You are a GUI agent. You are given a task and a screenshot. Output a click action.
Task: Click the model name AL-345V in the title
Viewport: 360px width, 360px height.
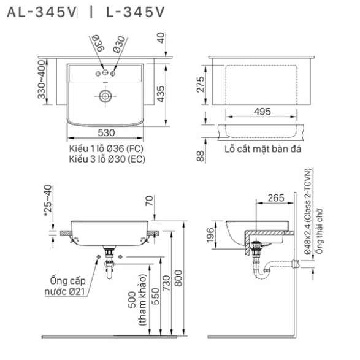(x=41, y=12)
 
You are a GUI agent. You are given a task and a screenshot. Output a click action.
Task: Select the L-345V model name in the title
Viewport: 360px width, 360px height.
(x=136, y=12)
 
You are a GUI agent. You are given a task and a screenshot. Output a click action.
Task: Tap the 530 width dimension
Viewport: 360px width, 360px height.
(x=106, y=132)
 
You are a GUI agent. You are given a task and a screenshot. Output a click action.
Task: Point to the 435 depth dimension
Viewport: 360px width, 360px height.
(x=161, y=94)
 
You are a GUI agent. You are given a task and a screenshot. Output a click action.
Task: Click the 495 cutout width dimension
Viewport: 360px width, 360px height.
(x=262, y=112)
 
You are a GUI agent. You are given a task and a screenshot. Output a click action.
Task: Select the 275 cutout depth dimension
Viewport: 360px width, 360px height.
(x=201, y=85)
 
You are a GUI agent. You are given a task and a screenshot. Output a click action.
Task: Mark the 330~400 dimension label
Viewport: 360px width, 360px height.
(x=42, y=80)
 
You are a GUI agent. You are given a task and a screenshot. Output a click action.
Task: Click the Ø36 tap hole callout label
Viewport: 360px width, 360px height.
(x=98, y=43)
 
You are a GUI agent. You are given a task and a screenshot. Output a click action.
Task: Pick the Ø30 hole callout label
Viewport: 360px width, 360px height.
(x=119, y=45)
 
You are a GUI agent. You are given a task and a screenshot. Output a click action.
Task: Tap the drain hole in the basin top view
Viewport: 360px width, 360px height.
(x=105, y=96)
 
